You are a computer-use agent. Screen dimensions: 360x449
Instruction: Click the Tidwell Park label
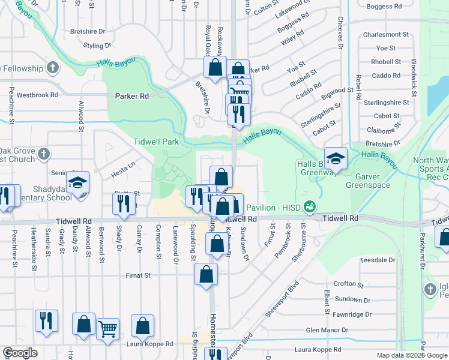coord(156,142)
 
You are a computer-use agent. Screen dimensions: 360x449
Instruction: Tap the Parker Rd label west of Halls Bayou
coord(131,96)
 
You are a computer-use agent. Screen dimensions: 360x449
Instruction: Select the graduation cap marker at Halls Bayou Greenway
coord(336,158)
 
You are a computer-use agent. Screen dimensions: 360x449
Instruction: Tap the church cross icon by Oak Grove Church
coord(43,155)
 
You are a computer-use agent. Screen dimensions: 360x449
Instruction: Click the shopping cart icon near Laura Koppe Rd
coord(107,328)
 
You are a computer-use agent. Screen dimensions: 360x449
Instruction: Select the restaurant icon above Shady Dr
coord(124,203)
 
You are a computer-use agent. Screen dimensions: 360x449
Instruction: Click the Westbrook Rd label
coord(37,95)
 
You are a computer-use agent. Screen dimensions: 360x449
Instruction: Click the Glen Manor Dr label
coord(327,330)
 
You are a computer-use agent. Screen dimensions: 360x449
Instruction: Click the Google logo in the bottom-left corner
coord(20,353)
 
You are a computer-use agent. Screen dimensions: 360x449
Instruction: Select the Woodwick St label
coord(414,78)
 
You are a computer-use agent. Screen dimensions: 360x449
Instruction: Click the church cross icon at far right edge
coord(430,290)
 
